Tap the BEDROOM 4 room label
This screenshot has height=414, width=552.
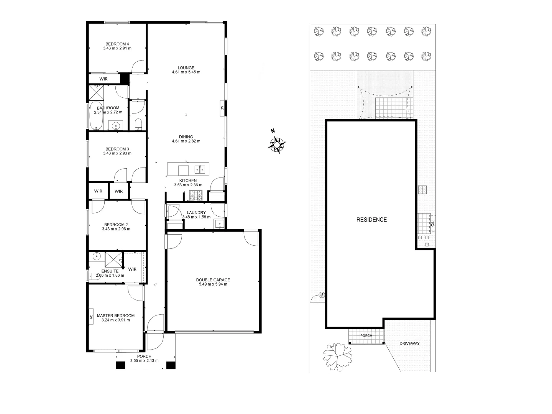point(117,44)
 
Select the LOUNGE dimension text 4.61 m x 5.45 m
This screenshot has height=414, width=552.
point(186,72)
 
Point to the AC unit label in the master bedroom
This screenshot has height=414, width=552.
point(91,317)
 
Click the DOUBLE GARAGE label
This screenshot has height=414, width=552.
point(213,280)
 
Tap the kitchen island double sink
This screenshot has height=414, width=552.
point(200,169)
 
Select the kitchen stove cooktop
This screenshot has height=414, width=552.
point(195,196)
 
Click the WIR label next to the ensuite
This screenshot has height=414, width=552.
point(132,269)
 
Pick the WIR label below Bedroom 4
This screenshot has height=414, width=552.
point(103,79)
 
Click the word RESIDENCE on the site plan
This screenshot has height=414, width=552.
point(371,220)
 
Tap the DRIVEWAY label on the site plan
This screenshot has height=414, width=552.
point(409,343)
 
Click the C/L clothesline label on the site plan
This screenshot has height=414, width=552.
point(432,223)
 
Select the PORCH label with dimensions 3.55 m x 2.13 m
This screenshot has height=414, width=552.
point(144,358)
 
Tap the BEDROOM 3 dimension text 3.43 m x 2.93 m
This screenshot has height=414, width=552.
point(117,153)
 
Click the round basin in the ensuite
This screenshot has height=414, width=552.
point(97,256)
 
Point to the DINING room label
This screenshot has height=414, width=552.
point(186,137)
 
